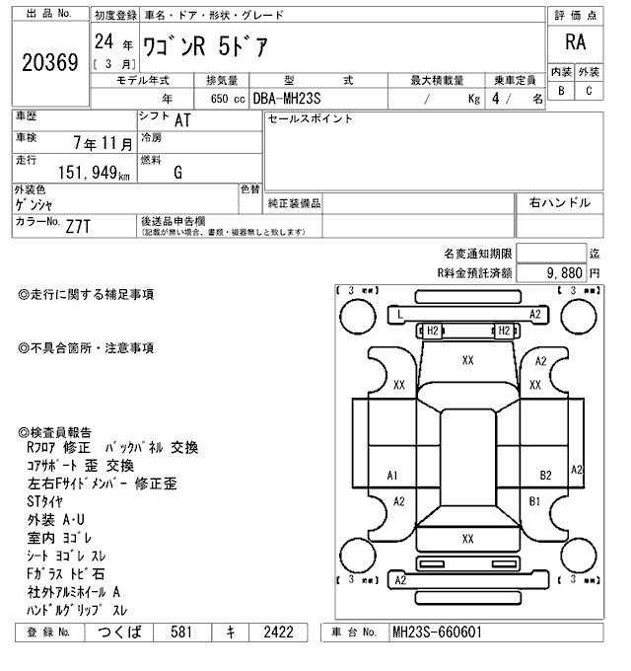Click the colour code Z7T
(x=80, y=226)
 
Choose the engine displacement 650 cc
(x=228, y=99)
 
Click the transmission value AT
(x=182, y=120)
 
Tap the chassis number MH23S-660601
(x=440, y=632)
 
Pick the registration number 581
(x=180, y=632)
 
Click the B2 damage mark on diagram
(x=544, y=476)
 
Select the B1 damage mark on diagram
(x=535, y=501)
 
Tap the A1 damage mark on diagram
(x=392, y=476)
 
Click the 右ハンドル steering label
(x=560, y=202)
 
